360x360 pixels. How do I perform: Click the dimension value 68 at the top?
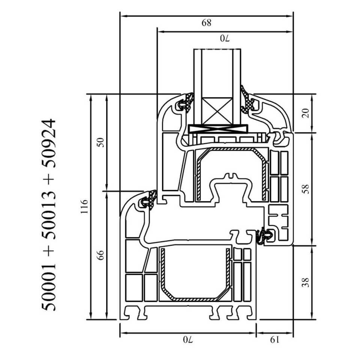coord(206,23)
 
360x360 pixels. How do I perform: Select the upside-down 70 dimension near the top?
coord(224,38)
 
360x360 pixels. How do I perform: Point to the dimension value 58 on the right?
coord(306,189)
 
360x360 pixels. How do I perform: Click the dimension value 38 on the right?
coord(306,282)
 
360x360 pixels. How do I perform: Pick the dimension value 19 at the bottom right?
coord(274,340)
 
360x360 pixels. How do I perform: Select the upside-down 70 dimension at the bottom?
coord(187,340)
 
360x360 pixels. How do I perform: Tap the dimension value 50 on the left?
coord(100,142)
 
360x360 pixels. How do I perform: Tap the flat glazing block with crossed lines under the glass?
coord(218,129)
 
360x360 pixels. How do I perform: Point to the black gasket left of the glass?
coord(186,102)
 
